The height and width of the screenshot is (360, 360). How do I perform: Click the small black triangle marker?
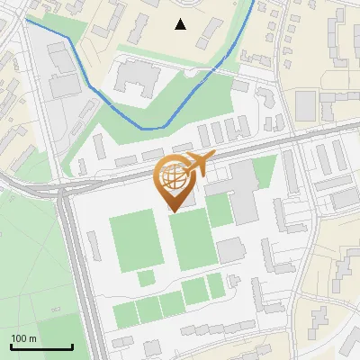[x=181, y=24]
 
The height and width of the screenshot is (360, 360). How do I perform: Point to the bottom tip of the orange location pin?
[x=175, y=211]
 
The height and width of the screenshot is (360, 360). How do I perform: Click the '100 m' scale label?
[x=23, y=337]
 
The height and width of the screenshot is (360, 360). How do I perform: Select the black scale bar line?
[x=41, y=346]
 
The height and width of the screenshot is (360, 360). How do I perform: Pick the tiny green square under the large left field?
[x=146, y=278]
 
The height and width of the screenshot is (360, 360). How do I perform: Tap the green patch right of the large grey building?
[x=264, y=170]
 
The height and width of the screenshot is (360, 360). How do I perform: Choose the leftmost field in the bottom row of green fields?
[x=124, y=313]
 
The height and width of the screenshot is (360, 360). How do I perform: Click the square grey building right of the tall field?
[x=230, y=249]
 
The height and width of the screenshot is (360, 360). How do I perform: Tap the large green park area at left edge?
[x=27, y=261]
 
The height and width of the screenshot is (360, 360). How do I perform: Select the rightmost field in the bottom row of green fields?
[x=216, y=285]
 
